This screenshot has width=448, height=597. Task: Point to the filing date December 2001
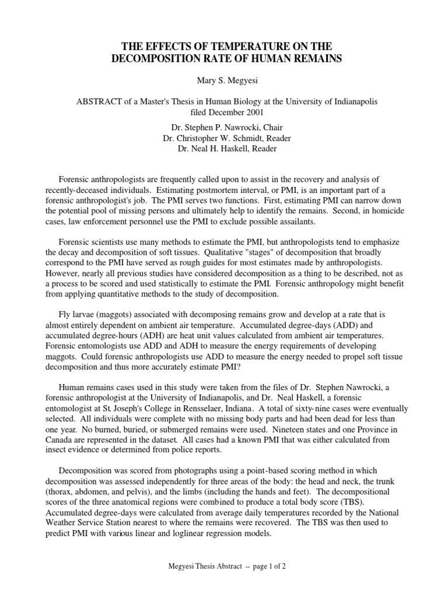tap(232, 112)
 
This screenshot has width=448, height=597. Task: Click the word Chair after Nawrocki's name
tap(276, 127)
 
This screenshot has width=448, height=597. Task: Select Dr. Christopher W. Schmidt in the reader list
tap(213, 138)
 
